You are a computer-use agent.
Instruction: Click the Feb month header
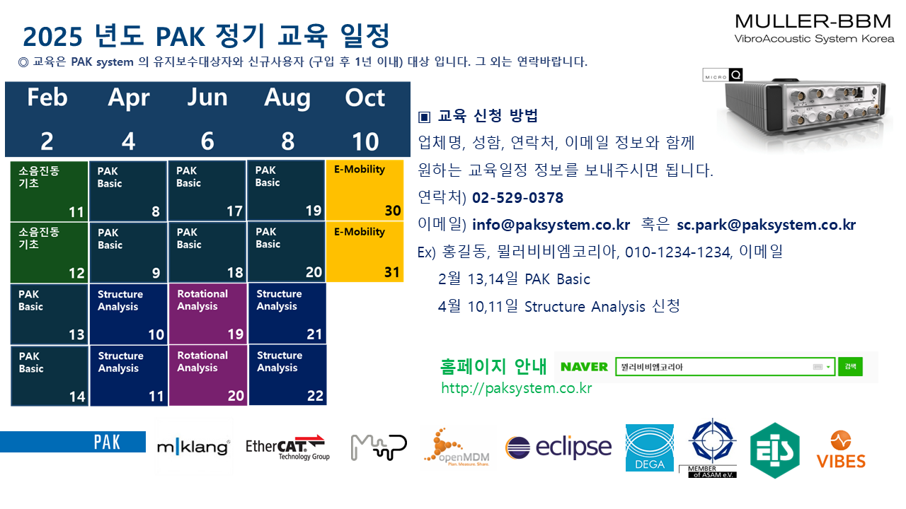[x=47, y=98]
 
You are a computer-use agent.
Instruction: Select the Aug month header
[x=287, y=98]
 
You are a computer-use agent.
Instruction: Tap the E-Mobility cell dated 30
[x=365, y=190]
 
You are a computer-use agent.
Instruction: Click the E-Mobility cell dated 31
[x=365, y=252]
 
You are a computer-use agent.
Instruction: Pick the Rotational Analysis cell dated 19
[x=208, y=313]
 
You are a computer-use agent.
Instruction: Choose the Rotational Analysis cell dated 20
[x=208, y=375]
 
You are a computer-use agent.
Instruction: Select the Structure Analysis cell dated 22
[x=287, y=375]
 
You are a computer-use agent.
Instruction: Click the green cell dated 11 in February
[x=49, y=191]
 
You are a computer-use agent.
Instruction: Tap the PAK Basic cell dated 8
[x=128, y=191]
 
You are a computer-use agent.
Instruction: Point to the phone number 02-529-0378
[x=517, y=197]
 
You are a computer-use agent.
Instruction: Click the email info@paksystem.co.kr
[x=551, y=225]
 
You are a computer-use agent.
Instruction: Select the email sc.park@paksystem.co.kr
[x=766, y=225]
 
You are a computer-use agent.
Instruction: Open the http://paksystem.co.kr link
[x=517, y=388]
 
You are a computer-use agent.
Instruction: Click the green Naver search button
[x=850, y=366]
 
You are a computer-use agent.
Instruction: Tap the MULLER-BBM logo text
[x=813, y=21]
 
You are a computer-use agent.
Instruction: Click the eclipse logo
[x=558, y=447]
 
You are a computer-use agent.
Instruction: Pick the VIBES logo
[x=841, y=450]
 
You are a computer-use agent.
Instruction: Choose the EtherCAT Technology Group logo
[x=287, y=447]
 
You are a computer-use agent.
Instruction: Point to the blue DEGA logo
[x=650, y=447]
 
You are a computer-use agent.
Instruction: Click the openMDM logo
[x=457, y=447]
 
